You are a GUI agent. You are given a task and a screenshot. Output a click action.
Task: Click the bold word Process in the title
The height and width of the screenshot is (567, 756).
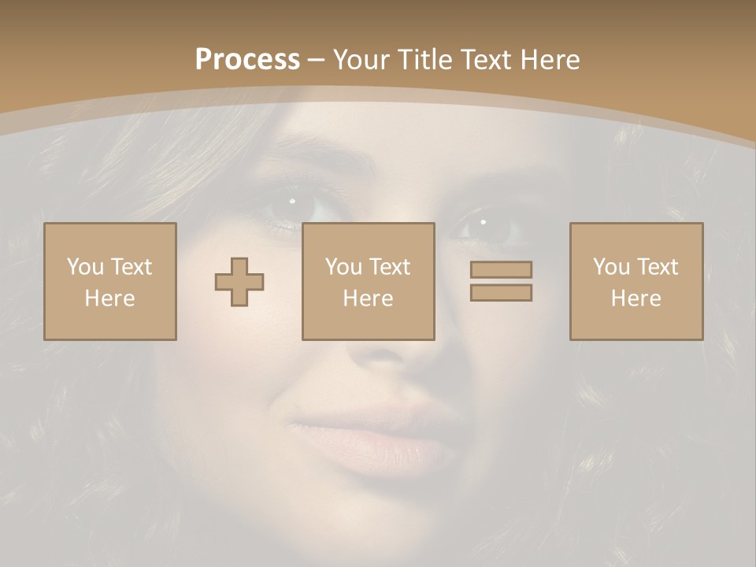[x=247, y=60]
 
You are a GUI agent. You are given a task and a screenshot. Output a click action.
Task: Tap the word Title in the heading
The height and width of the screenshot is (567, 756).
[x=427, y=60]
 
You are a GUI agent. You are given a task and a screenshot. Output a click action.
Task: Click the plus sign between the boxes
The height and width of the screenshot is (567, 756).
[x=239, y=282]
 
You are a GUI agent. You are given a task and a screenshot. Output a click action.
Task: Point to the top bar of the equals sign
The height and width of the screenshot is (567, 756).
[x=501, y=269]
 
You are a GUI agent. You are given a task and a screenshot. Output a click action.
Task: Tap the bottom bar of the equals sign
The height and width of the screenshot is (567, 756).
[x=501, y=292]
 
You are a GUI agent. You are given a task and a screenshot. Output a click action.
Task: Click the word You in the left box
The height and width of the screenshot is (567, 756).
[x=85, y=267]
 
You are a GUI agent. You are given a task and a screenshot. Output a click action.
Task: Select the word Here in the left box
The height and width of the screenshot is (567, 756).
[x=109, y=298]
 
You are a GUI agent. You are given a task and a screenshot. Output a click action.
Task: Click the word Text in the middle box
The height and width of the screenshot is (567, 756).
[x=391, y=267]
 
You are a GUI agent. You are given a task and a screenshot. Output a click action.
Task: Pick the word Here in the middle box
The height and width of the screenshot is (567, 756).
[x=368, y=298]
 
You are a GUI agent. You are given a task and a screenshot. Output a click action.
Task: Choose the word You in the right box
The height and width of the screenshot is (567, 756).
[x=612, y=267]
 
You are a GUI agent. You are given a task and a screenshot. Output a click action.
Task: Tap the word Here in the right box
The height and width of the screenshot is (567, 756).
[x=636, y=298]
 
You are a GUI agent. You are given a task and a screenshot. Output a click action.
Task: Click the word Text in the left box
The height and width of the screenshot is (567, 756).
[x=132, y=267]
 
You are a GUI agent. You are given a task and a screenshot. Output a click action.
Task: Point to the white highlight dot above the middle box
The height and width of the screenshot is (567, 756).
[x=292, y=201]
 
